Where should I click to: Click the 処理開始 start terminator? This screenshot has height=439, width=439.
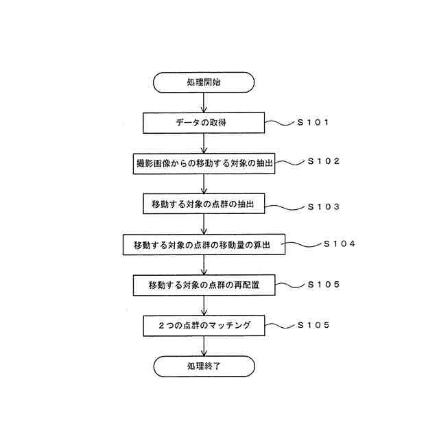[x=204, y=83]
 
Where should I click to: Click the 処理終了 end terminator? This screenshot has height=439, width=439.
[x=204, y=366]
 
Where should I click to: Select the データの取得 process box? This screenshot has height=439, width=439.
[x=204, y=123]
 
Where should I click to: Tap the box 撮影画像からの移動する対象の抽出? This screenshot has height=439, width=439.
[x=204, y=164]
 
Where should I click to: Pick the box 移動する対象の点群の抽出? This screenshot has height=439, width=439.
[x=204, y=204]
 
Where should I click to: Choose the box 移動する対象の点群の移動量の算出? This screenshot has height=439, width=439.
[x=204, y=245]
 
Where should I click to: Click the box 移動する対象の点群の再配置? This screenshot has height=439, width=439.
[x=204, y=285]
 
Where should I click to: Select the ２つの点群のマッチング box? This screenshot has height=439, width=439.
[x=204, y=325]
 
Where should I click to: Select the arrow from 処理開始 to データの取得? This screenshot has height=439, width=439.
[x=204, y=103]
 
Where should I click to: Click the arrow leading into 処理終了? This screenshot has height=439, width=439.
[x=204, y=346]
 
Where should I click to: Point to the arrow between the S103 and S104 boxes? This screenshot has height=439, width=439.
[x=204, y=225]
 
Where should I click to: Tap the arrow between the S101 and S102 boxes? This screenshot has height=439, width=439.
[x=204, y=143]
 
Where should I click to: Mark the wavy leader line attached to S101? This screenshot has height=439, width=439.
[x=280, y=123]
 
